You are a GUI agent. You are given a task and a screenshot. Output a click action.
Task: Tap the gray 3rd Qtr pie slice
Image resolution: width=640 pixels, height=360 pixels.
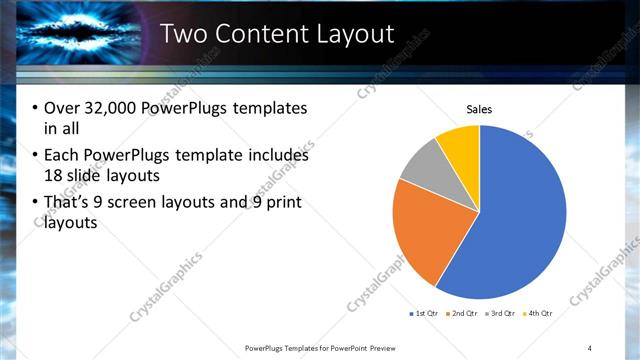pos(419,166)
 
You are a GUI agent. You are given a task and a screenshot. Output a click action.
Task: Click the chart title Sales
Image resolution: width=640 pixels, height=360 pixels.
pos(480,110)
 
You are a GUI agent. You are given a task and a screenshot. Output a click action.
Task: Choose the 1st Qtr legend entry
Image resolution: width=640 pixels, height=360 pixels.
pos(424,313)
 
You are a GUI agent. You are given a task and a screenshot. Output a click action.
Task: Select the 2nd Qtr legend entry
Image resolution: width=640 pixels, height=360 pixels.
pos(461,313)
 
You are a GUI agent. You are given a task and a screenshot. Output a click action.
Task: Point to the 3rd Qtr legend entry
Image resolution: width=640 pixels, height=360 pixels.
pos(499,313)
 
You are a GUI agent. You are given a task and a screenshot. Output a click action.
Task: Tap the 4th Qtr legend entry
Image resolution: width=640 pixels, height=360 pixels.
pos(537,313)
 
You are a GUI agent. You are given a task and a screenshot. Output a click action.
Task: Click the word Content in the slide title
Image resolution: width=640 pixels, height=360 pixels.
pos(262,35)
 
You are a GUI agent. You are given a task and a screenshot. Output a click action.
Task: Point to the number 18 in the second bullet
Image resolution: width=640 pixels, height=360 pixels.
pos(52,176)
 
